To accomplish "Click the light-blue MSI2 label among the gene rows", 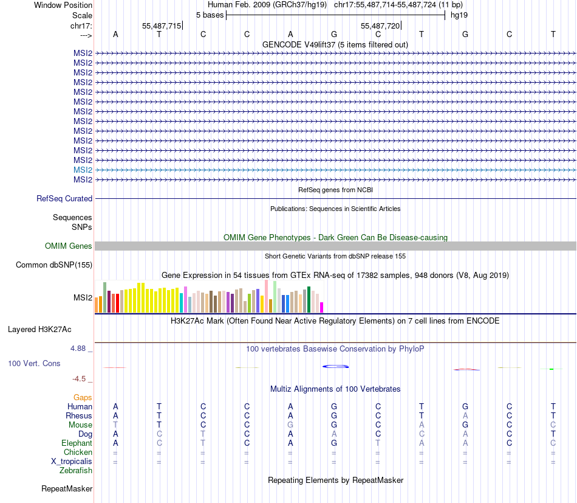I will click(x=83, y=170).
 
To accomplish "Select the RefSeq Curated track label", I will click(x=64, y=198).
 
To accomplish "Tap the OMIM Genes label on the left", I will click(x=69, y=246).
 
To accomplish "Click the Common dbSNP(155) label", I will click(x=54, y=265).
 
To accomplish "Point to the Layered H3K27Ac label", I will click(x=39, y=329).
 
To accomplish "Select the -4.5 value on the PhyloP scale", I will click(x=80, y=378).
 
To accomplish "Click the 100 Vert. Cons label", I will click(x=34, y=363).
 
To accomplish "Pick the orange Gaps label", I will click(x=83, y=397).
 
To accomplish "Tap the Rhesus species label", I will click(x=79, y=415).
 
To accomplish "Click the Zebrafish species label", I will click(x=76, y=470).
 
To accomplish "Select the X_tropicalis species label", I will click(x=72, y=461).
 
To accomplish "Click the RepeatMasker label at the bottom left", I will click(x=67, y=488).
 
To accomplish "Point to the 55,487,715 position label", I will click(x=162, y=26).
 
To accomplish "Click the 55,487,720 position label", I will click(x=380, y=26).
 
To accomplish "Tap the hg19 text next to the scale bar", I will click(x=459, y=15).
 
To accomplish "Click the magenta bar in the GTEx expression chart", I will click(x=322, y=307).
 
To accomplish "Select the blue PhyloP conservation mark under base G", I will click(x=335, y=366).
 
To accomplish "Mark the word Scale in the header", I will click(x=82, y=15).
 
